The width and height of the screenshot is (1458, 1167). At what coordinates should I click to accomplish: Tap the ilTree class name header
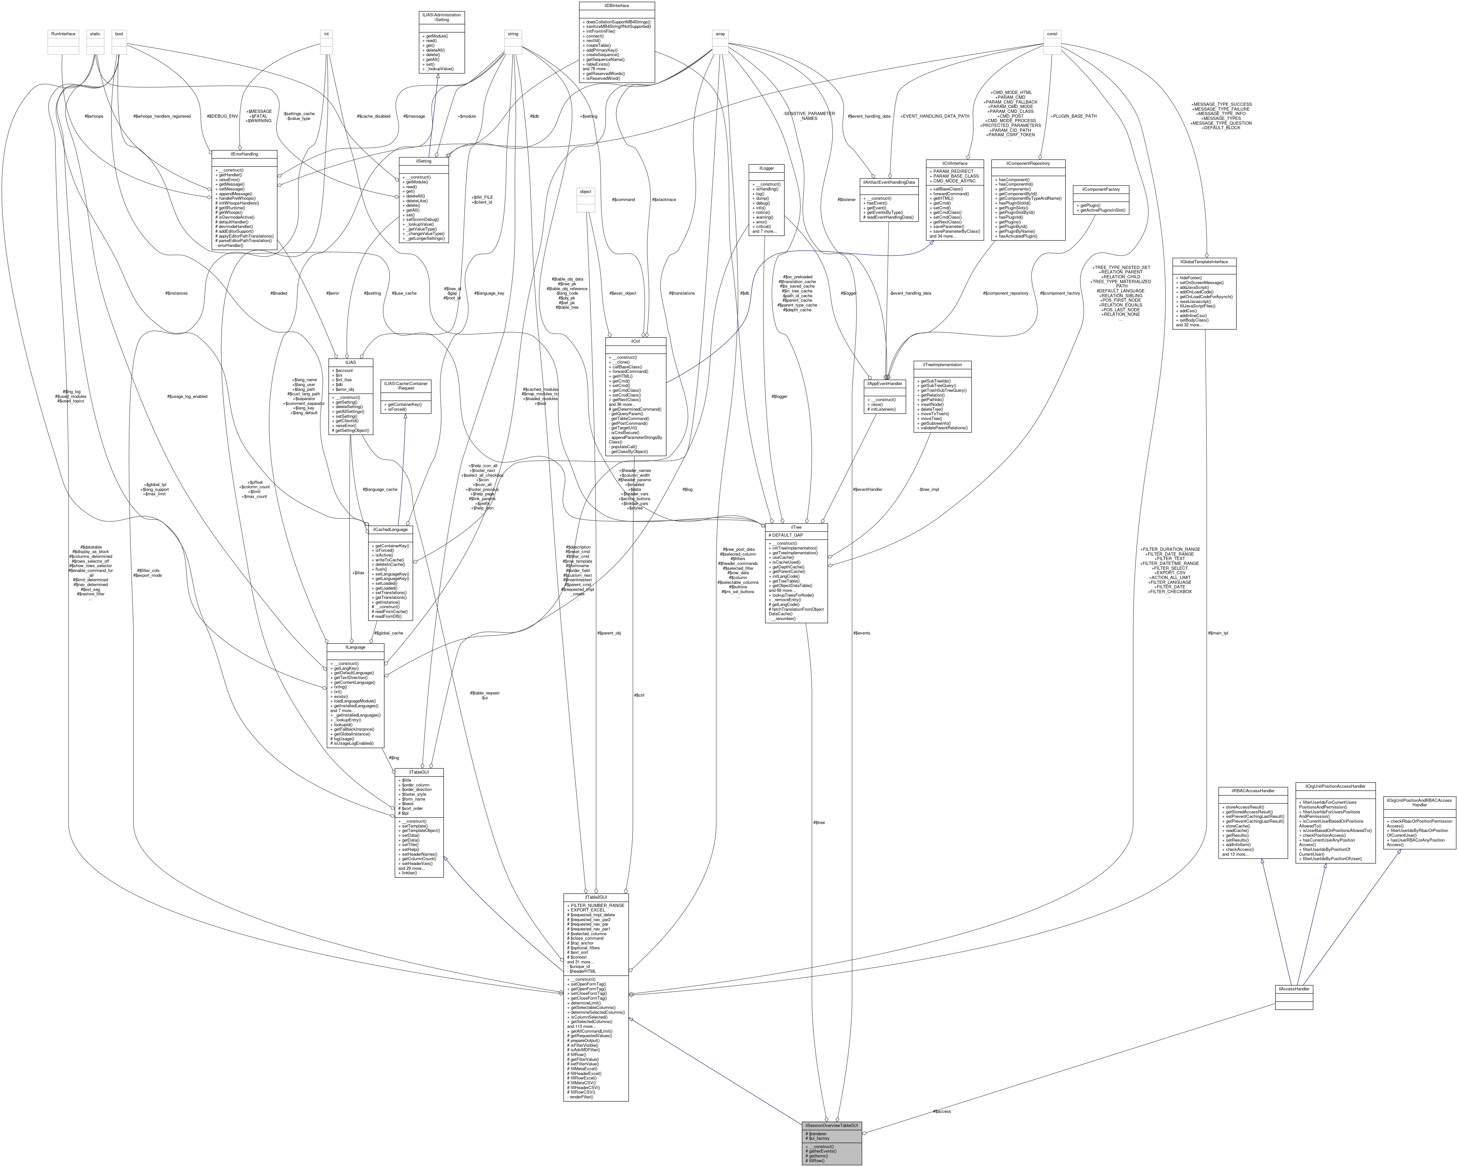(796, 526)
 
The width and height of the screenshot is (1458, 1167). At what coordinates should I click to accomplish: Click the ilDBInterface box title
(616, 5)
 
